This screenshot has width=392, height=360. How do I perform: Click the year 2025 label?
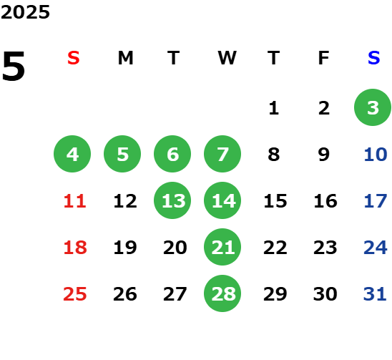point(25,12)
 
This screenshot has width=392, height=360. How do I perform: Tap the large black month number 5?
point(14,66)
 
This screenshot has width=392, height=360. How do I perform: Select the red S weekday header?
point(74,58)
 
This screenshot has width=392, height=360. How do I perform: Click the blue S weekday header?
point(373,58)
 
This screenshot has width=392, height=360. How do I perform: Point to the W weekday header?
point(227,58)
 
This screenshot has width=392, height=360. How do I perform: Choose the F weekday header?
point(323,58)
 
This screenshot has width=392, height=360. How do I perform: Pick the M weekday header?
point(125,58)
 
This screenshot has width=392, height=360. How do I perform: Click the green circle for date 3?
point(373,107)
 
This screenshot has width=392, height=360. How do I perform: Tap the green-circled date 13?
point(172,200)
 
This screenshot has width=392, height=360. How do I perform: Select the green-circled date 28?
point(222,293)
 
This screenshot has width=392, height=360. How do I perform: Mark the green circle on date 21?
point(222,247)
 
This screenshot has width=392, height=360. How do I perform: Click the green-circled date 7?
point(222,154)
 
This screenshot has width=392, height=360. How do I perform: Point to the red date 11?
point(75,201)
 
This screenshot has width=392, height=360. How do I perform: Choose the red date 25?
point(75,294)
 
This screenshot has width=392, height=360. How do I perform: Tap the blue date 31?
point(375,294)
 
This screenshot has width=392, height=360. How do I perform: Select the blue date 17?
point(376,201)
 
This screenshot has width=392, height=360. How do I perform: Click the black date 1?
point(274,108)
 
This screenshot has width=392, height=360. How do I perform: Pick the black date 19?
point(125,248)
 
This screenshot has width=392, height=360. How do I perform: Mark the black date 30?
point(325,294)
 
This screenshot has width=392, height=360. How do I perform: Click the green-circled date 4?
point(72,154)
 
